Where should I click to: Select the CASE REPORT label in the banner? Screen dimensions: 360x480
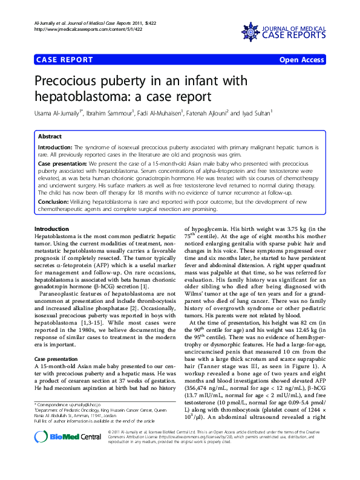[65, 60]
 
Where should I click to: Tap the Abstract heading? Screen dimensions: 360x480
[50, 137]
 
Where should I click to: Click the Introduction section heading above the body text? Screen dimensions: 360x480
[52, 229]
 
